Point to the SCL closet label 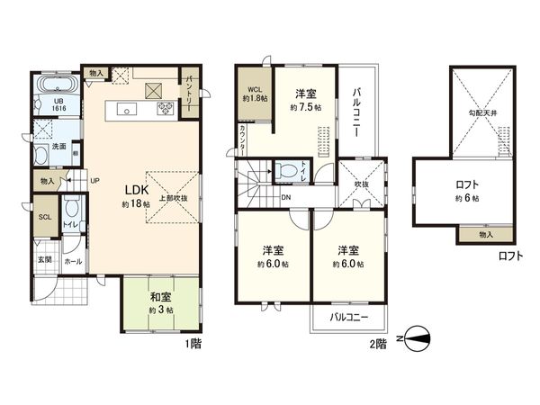(x=44, y=216)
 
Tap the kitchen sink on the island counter (x=126, y=111)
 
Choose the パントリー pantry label (x=191, y=88)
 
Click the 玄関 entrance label (x=44, y=260)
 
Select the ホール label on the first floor (x=73, y=261)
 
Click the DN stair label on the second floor (x=285, y=197)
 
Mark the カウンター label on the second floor (x=245, y=139)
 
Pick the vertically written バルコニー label (x=356, y=112)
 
